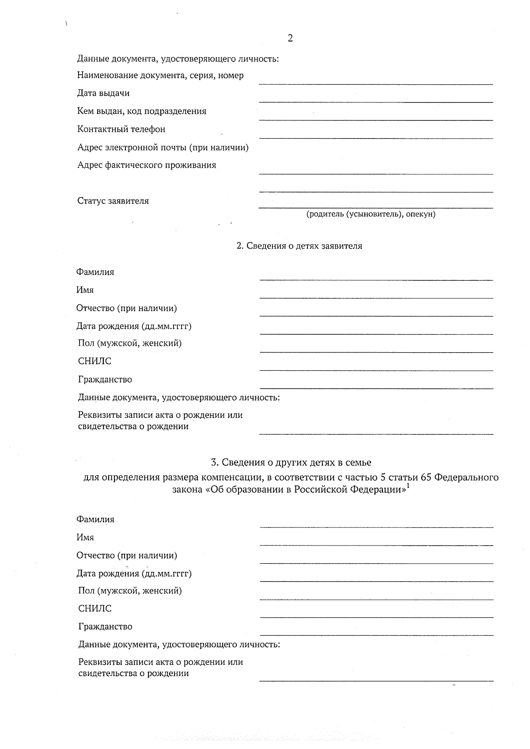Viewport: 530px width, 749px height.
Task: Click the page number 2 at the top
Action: coord(290,38)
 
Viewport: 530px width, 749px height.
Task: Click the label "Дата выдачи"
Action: coord(103,93)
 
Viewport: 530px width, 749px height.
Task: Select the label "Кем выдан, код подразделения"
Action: coord(142,111)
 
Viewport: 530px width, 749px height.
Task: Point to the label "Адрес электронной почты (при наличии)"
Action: coord(163,147)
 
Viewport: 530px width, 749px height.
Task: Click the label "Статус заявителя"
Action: coord(113,201)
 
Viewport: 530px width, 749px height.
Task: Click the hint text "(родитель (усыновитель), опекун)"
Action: coord(371,214)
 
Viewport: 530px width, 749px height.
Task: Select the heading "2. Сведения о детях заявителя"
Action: coord(299,246)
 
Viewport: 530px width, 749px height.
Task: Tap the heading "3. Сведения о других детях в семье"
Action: coord(291,463)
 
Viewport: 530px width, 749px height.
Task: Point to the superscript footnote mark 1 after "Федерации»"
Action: coord(408,486)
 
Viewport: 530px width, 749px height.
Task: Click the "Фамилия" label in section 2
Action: coord(95,272)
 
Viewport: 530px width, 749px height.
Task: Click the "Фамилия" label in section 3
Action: coord(95,519)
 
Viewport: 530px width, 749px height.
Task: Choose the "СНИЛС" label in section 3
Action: coord(95,609)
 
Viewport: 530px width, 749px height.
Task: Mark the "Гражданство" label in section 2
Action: coord(105,380)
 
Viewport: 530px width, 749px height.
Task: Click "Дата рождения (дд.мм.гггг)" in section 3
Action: coord(134,573)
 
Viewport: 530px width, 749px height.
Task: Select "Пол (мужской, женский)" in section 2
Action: coord(130,343)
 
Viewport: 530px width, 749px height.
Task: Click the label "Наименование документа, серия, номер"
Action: coord(160,75)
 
